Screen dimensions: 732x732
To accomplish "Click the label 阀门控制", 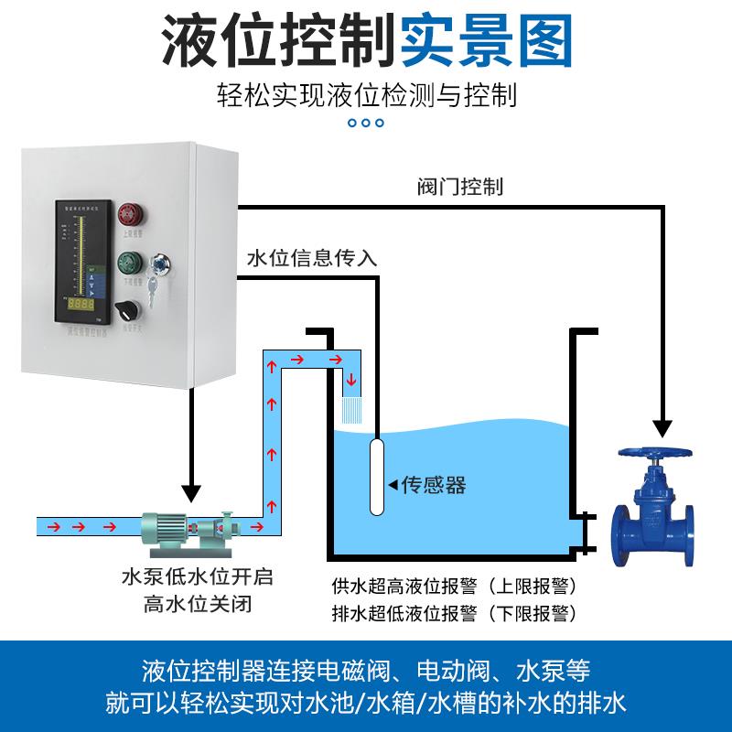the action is [455, 187].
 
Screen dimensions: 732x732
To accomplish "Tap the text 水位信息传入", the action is [312, 258].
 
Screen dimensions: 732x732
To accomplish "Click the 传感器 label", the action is [434, 485].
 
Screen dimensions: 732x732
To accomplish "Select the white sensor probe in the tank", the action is [375, 476].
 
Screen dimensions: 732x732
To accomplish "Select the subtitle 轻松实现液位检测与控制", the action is [367, 93].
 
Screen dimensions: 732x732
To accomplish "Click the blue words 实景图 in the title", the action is [488, 39].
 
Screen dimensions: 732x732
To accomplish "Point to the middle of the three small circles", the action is [366, 123].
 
